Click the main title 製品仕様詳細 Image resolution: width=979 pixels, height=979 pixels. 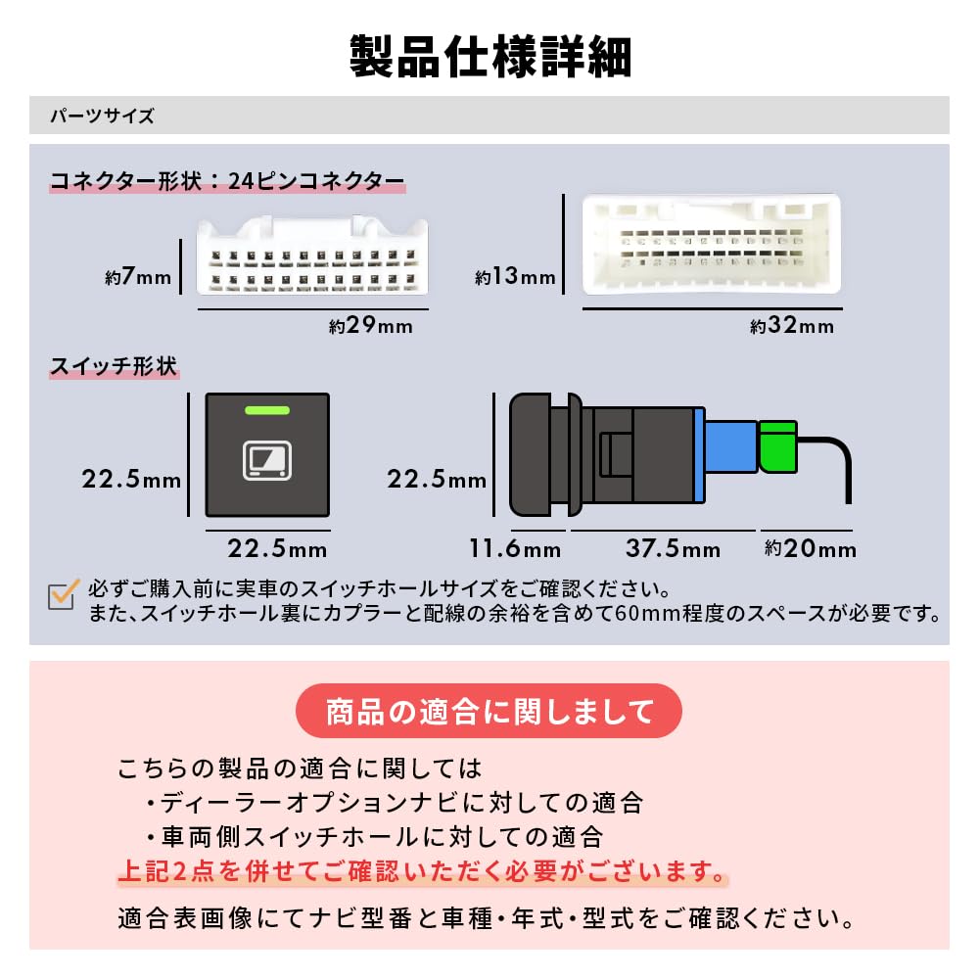pyautogui.click(x=489, y=58)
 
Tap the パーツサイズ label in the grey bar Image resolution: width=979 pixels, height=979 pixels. pyautogui.click(x=102, y=116)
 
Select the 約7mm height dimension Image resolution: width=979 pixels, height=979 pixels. pyautogui.click(x=138, y=277)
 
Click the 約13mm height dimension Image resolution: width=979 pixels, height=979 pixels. pyautogui.click(x=515, y=277)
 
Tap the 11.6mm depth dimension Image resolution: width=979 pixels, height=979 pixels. pyautogui.click(x=517, y=548)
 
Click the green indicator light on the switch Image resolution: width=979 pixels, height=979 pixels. pyautogui.click(x=267, y=411)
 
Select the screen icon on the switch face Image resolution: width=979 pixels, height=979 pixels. pyautogui.click(x=266, y=461)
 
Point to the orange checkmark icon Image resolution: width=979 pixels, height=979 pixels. pyautogui.click(x=64, y=594)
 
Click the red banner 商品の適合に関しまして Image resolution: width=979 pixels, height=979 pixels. pyautogui.click(x=489, y=710)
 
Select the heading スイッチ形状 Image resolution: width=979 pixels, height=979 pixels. pyautogui.click(x=114, y=367)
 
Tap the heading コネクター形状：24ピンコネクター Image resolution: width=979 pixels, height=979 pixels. pyautogui.click(x=227, y=181)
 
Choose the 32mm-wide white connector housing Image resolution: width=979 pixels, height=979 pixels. pyautogui.click(x=711, y=244)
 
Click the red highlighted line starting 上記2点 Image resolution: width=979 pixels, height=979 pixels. pyautogui.click(x=423, y=870)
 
